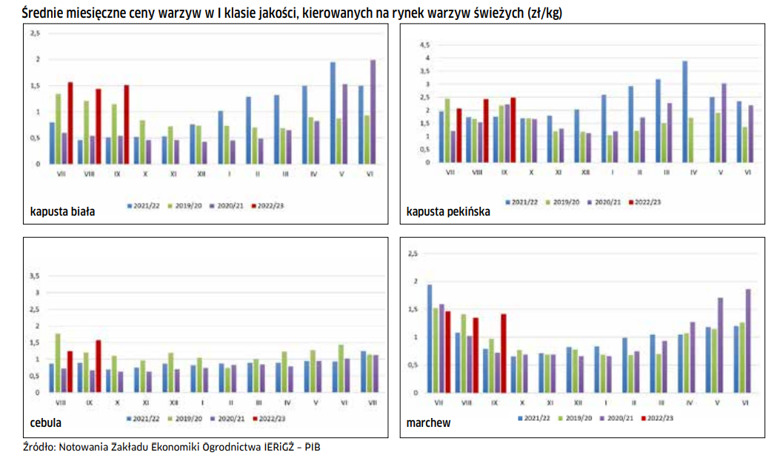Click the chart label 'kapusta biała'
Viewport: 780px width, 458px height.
(62, 211)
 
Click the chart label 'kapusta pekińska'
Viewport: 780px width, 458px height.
(448, 211)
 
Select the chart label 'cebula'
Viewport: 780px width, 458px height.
(46, 423)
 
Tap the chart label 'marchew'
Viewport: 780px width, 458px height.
(428, 423)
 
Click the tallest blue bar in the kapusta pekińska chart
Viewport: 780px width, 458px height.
(685, 111)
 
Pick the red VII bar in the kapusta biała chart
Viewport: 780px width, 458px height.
(70, 122)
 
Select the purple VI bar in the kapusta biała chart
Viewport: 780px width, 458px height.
(373, 111)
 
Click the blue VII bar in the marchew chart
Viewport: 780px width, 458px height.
(430, 338)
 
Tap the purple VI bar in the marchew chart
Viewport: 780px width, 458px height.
(748, 340)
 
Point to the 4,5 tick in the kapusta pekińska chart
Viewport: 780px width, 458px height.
(424, 45)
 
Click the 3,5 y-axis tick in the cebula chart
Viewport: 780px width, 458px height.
(33, 276)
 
